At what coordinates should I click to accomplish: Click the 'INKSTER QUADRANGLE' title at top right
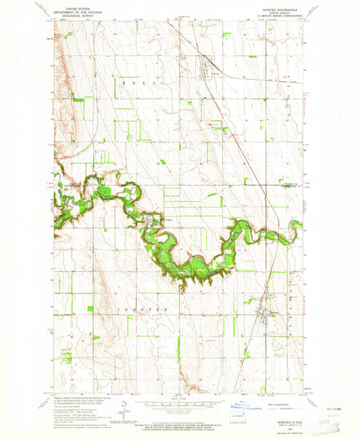coord(283,8)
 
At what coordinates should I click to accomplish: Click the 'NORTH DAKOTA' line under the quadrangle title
coord(283,12)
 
